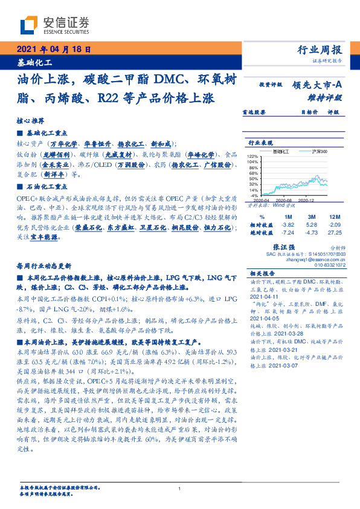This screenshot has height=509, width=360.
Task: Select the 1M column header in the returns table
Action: coord(288,216)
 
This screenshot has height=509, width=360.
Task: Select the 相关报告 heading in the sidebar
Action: coord(262,273)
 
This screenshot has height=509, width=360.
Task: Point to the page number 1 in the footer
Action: coord(179,488)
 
